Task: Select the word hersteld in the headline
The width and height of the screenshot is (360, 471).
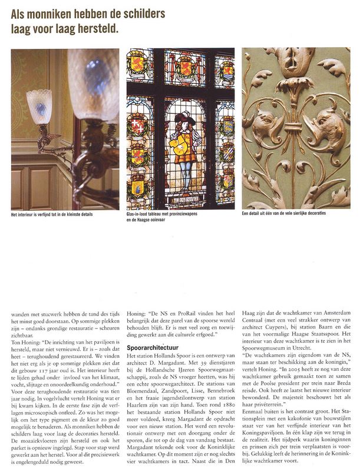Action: [x=100, y=27]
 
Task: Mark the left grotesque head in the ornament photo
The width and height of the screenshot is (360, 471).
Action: [x=266, y=124]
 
